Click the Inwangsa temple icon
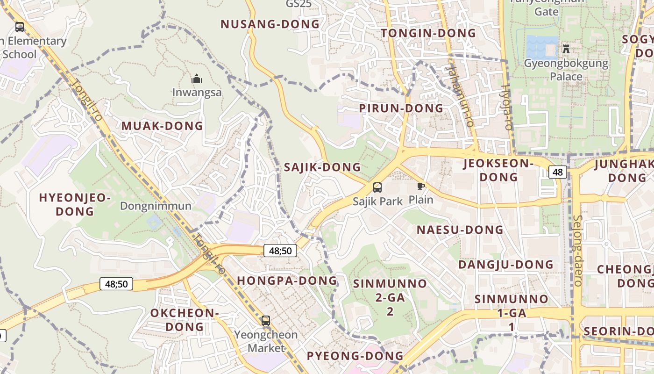coord(197,78)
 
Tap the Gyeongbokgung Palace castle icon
coord(566,49)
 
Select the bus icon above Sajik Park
coord(377,187)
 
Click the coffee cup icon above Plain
coord(421,187)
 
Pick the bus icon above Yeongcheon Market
coord(266,321)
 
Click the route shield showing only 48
coord(558,172)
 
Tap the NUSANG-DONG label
coord(270,24)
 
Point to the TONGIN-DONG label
coord(428,33)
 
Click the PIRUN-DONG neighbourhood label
coord(401,108)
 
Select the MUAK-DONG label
coord(162,126)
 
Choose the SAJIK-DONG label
coord(322,167)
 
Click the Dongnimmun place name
coord(156,206)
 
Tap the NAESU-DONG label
coord(460,230)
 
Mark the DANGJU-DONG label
coord(505,265)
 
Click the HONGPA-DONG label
coord(287,280)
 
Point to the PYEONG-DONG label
coord(355,356)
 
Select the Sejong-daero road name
coord(577,250)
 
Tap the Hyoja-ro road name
coord(507,108)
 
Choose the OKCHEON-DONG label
coord(185,319)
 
